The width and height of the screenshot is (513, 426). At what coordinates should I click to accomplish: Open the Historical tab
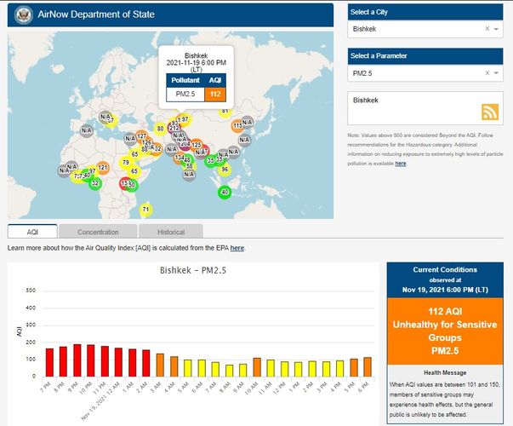click(171, 232)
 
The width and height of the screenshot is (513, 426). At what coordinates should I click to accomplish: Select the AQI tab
click(32, 232)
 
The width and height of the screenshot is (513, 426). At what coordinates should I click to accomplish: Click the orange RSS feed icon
click(490, 112)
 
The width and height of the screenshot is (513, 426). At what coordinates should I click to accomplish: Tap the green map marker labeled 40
click(225, 193)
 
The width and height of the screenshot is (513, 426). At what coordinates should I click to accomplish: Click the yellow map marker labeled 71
click(145, 210)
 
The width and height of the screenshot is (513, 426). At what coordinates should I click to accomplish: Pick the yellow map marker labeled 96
click(225, 170)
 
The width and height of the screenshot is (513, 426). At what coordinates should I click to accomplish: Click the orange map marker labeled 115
click(237, 126)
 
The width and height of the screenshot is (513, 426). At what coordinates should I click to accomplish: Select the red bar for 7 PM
click(49, 361)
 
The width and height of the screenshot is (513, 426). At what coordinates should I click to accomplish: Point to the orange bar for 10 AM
click(257, 366)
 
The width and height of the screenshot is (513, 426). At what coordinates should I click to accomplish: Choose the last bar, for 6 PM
click(368, 366)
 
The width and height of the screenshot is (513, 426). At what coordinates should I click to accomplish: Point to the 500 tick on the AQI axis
click(31, 291)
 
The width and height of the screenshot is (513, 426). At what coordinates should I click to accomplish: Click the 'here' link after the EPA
click(237, 248)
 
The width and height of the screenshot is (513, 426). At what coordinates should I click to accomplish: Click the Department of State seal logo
click(23, 14)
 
